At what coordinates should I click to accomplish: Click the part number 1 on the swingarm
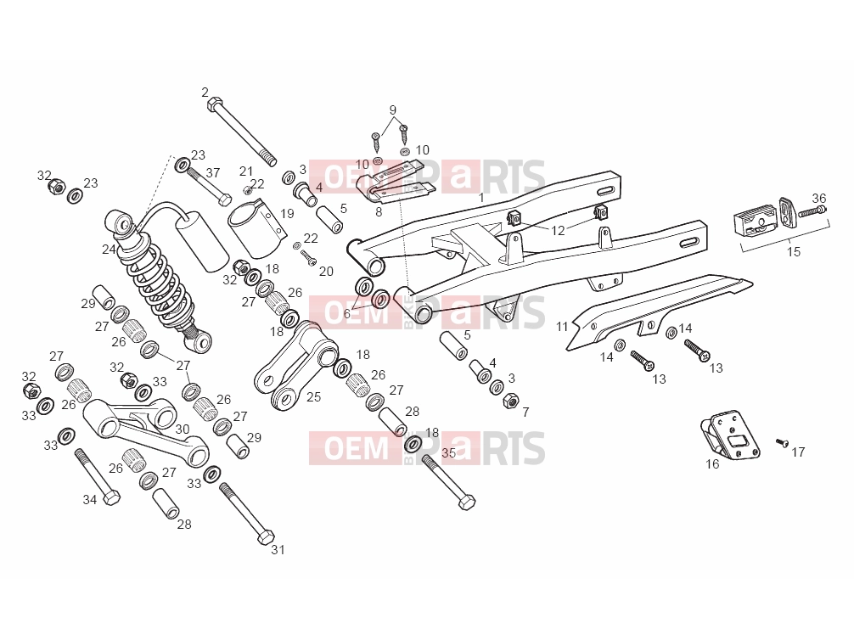pyautogui.click(x=481, y=197)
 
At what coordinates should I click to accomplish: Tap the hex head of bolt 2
pyautogui.click(x=214, y=103)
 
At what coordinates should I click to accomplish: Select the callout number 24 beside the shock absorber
pyautogui.click(x=109, y=250)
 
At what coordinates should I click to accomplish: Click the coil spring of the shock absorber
pyautogui.click(x=158, y=284)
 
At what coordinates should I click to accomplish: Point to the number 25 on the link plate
pyautogui.click(x=314, y=397)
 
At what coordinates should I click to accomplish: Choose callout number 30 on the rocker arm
pyautogui.click(x=183, y=429)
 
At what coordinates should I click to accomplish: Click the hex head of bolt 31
pyautogui.click(x=265, y=536)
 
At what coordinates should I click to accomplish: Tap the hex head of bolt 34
pyautogui.click(x=112, y=497)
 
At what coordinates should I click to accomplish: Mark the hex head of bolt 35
pyautogui.click(x=467, y=502)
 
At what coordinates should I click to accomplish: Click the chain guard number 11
pyautogui.click(x=562, y=327)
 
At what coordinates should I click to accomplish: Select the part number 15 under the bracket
pyautogui.click(x=794, y=251)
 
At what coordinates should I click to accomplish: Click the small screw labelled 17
pyautogui.click(x=782, y=443)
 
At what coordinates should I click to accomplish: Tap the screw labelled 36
pyautogui.click(x=812, y=211)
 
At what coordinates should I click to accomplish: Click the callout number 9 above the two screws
pyautogui.click(x=393, y=110)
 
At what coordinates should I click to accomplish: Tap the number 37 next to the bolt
pyautogui.click(x=213, y=172)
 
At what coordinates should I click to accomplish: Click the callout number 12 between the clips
pyautogui.click(x=558, y=230)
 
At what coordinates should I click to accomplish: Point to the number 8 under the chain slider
pyautogui.click(x=379, y=212)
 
